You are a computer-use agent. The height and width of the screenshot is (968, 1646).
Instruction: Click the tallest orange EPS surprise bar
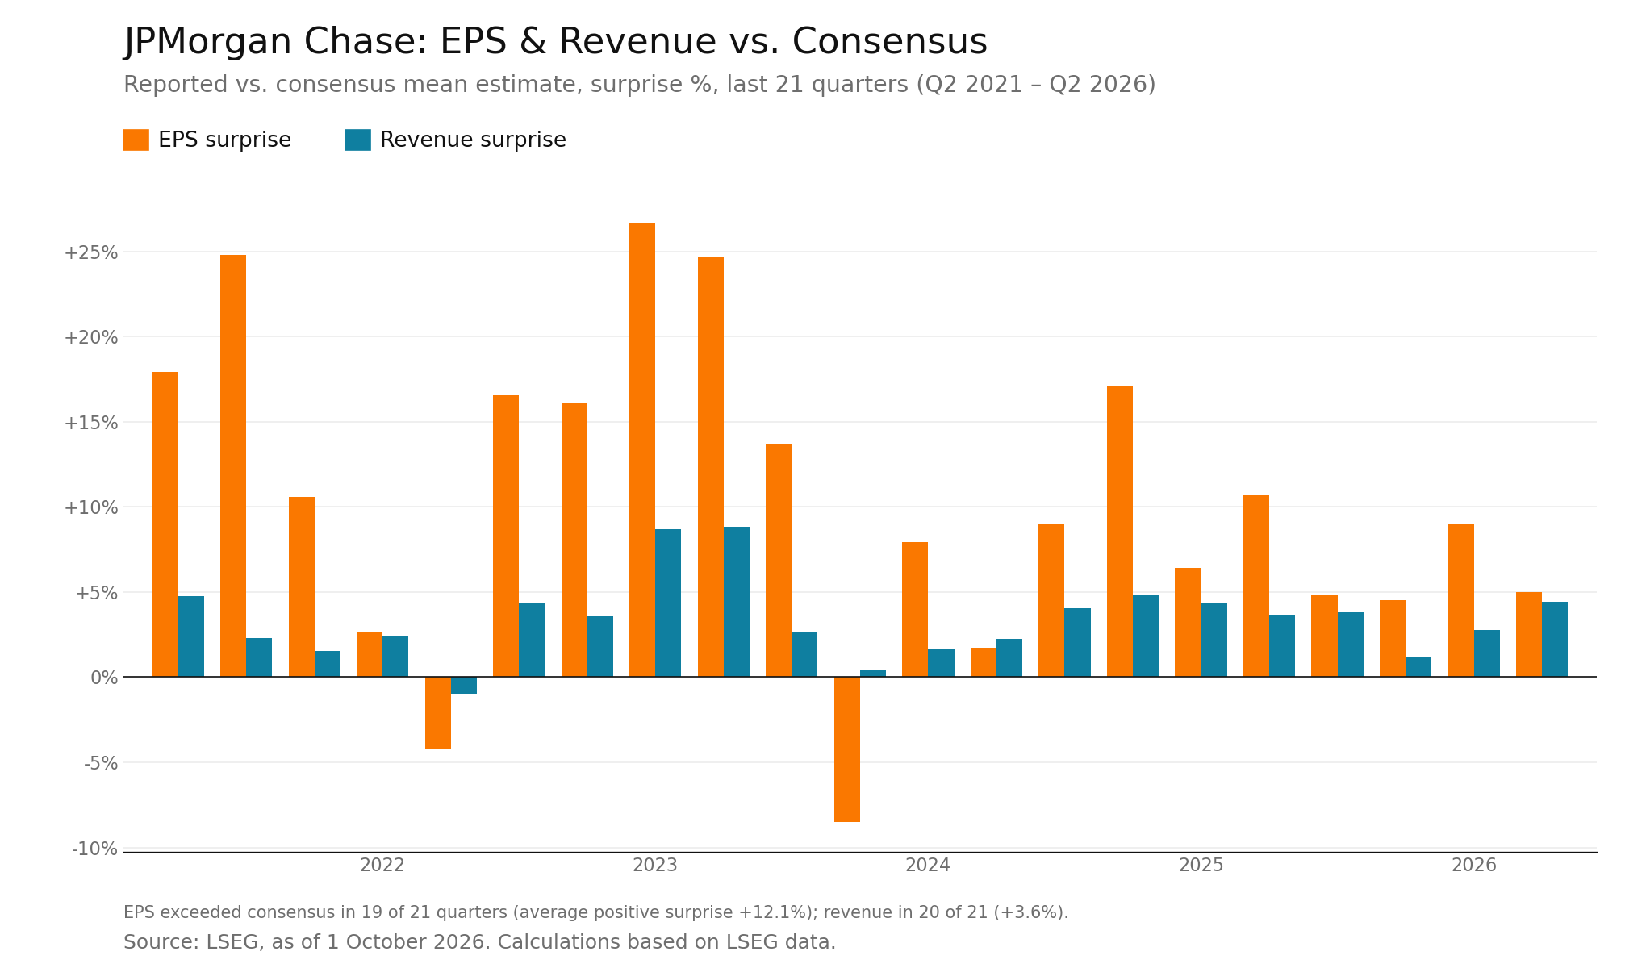(642, 450)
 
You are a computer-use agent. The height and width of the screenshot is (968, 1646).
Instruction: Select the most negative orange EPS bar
(847, 749)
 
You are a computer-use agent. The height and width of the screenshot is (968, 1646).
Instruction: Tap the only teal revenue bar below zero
(464, 685)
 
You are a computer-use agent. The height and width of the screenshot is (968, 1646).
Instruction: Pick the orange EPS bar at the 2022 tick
(370, 654)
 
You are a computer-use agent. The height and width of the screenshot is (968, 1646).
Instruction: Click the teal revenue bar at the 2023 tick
(668, 603)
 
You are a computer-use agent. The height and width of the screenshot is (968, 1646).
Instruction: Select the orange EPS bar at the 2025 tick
(1188, 622)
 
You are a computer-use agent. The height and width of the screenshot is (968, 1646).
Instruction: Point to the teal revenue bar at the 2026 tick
(1487, 653)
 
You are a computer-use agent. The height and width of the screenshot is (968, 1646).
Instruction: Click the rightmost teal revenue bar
(1555, 639)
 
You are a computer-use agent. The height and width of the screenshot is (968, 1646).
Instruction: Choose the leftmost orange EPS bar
(165, 524)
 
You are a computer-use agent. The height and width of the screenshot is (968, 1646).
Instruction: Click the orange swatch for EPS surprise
(136, 140)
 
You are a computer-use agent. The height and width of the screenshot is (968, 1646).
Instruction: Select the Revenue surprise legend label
(473, 140)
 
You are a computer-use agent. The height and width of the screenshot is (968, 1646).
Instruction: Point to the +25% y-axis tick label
(91, 252)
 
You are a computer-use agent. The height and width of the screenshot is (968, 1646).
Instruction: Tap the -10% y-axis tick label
(95, 849)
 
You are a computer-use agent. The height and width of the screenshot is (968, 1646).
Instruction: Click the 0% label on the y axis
(105, 678)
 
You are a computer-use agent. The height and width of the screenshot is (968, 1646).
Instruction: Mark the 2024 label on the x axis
(928, 866)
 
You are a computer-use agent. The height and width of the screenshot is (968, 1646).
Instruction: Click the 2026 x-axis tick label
(1474, 866)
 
